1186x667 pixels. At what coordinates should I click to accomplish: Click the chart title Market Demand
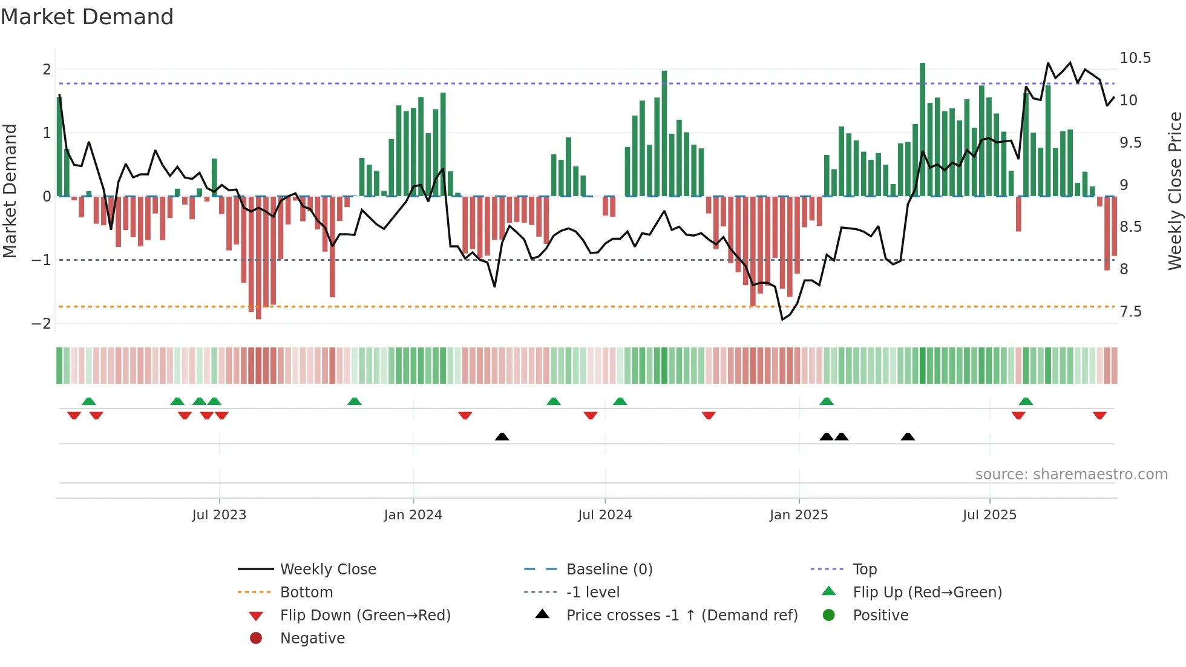point(87,17)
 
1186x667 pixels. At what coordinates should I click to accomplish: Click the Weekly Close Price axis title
point(1175,191)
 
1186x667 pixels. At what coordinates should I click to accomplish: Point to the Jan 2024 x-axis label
point(413,515)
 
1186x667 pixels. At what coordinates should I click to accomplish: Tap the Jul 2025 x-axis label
point(989,515)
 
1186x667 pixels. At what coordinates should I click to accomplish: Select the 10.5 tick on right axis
point(1135,58)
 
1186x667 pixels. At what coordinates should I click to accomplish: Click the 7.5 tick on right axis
point(1130,312)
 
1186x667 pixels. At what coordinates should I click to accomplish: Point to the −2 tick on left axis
point(41,323)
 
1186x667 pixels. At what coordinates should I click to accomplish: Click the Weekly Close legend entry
point(327,570)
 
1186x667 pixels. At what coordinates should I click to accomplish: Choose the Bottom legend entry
point(306,593)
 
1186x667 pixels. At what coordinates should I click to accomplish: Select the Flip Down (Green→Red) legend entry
point(365,616)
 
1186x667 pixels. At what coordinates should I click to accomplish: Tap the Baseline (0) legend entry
point(609,570)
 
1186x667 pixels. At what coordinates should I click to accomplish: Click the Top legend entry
point(864,570)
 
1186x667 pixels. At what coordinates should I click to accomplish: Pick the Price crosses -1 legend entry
point(681,616)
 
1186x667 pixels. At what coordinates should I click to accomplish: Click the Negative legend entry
point(312,639)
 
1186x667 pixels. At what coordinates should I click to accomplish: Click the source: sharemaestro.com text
point(1071,475)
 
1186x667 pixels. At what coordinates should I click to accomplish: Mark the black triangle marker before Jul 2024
point(502,436)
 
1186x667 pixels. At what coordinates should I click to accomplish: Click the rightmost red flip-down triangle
point(1099,415)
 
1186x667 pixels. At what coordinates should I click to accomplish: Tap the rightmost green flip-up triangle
point(1026,401)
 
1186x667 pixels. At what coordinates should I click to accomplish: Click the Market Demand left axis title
point(10,191)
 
